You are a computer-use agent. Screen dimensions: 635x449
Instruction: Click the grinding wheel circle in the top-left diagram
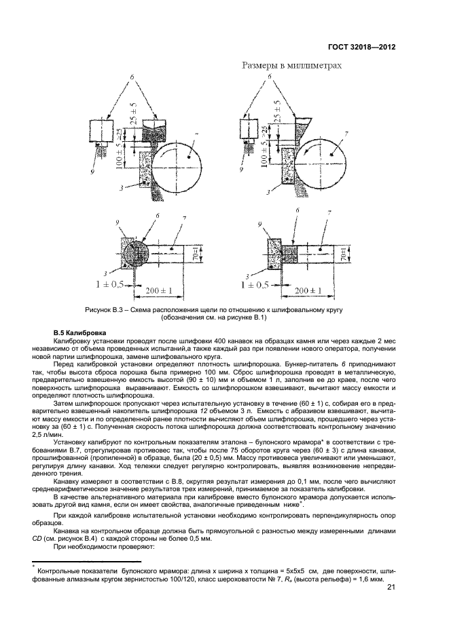(179, 161)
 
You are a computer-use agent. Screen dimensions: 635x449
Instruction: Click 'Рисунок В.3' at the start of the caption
(105, 309)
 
